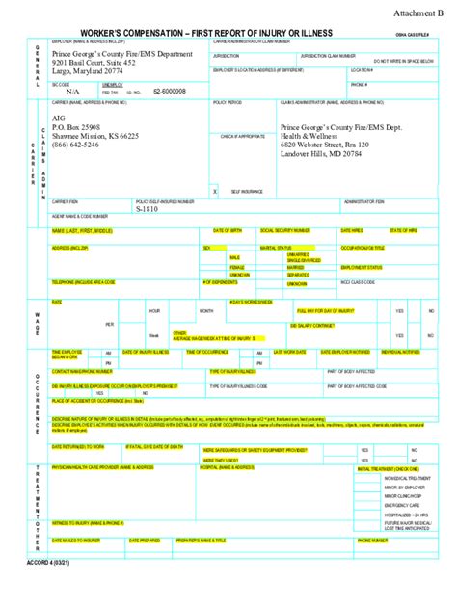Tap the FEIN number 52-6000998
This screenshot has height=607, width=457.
(170, 91)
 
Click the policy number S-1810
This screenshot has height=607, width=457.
(147, 208)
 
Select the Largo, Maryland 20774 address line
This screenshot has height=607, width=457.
(94, 72)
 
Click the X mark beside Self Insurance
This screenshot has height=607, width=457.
(215, 192)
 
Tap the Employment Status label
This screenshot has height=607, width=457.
(361, 267)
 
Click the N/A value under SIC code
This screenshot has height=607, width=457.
(73, 91)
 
